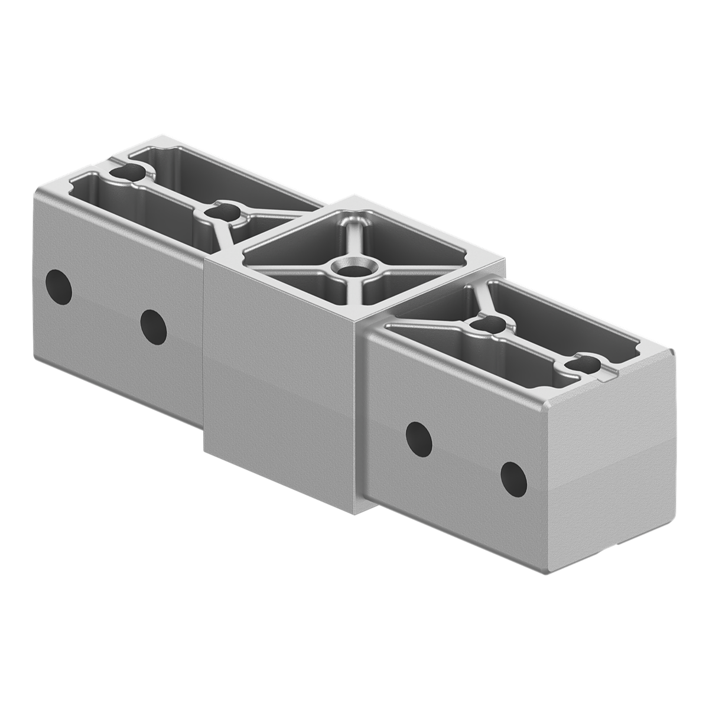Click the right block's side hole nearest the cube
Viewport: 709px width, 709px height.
[x=419, y=436]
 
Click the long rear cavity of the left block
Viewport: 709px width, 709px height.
[x=225, y=177]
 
